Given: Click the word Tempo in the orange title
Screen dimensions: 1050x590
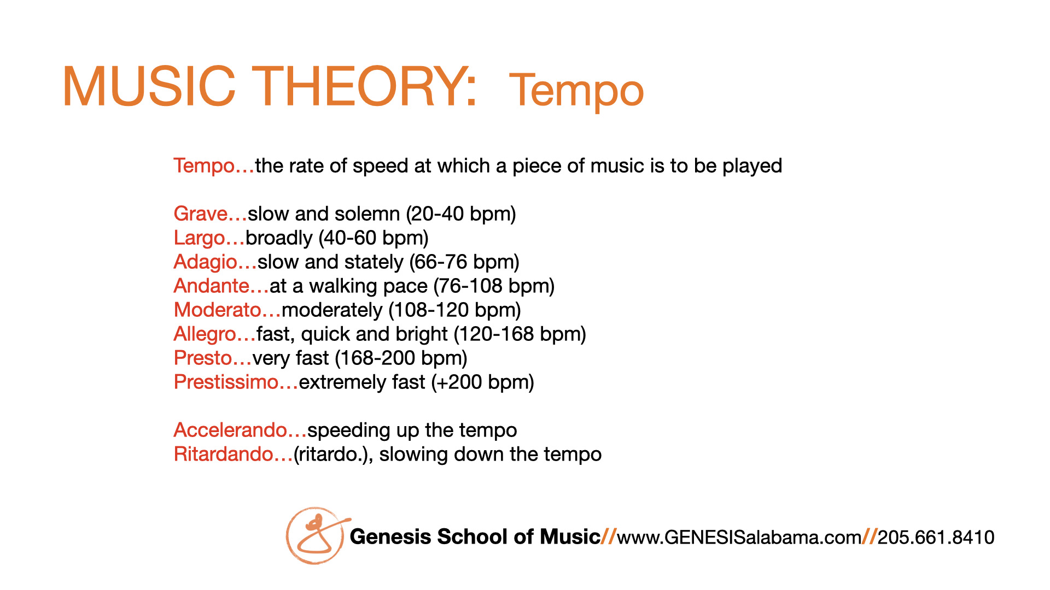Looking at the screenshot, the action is [x=576, y=90].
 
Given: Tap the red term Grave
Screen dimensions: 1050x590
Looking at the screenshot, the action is [x=201, y=214].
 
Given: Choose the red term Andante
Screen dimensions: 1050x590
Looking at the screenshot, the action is [x=212, y=286].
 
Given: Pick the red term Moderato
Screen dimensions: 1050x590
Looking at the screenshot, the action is [x=218, y=310].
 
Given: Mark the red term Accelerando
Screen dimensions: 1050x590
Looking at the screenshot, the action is [x=230, y=430].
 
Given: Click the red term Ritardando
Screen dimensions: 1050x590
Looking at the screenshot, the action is [x=224, y=454].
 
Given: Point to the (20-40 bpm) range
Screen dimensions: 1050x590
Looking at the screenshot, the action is [x=461, y=214].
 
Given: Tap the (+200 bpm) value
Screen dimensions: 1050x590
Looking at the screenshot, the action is [x=482, y=382].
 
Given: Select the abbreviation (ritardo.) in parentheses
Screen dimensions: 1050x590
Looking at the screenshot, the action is [x=333, y=455].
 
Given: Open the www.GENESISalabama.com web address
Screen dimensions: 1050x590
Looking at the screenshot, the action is [x=739, y=538].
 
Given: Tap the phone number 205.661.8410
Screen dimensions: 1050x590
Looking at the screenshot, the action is [x=936, y=538].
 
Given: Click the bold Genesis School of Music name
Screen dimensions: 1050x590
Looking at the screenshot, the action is [x=475, y=536].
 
